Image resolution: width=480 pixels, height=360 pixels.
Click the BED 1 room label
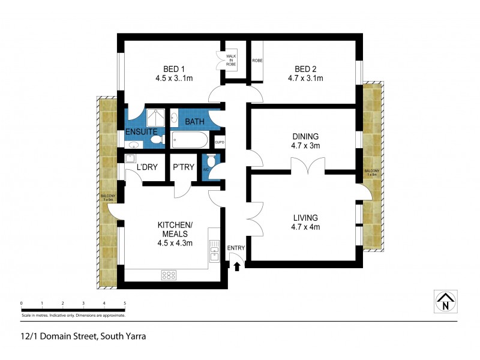173,68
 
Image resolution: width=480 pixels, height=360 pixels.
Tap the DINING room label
305,136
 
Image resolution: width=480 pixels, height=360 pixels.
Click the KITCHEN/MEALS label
173,229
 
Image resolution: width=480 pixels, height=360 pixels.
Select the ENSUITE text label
141,131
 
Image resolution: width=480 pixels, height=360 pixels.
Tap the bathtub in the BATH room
189,140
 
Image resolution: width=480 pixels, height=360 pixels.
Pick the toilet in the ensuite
157,140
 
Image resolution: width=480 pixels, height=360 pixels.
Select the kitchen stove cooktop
169,275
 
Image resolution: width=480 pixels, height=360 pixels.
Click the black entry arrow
237,266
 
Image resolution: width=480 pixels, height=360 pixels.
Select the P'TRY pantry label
183,167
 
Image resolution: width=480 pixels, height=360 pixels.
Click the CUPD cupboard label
220,142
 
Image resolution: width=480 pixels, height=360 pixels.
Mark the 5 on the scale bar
125,304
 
